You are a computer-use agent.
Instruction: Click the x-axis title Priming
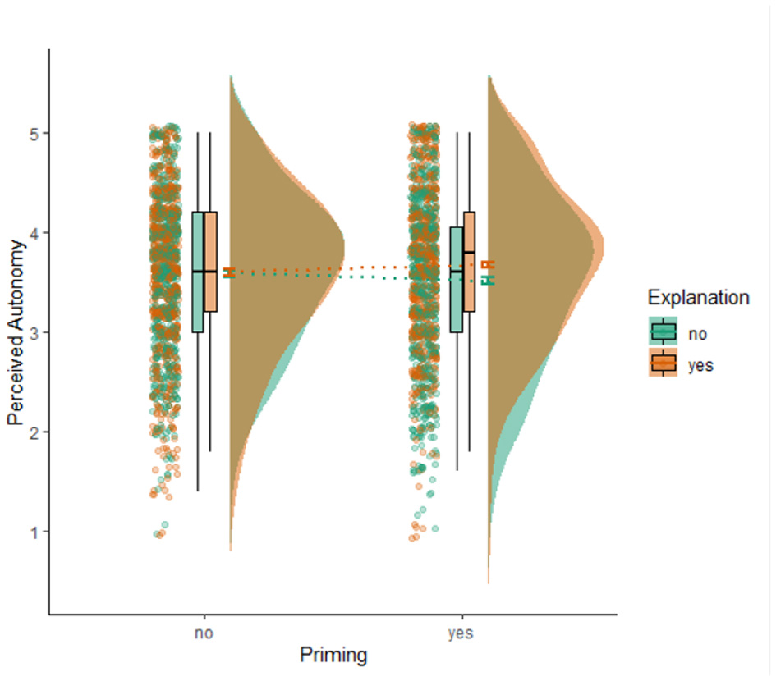[333, 656]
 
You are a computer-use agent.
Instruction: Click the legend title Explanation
[697, 297]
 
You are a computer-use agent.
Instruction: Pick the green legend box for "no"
[663, 331]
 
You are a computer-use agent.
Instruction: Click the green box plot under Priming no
[197, 271]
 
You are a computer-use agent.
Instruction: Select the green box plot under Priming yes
[457, 279]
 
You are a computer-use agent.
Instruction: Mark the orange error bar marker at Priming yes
[488, 264]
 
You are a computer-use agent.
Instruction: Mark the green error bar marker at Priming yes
[488, 281]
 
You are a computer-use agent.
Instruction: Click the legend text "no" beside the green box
[698, 334]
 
